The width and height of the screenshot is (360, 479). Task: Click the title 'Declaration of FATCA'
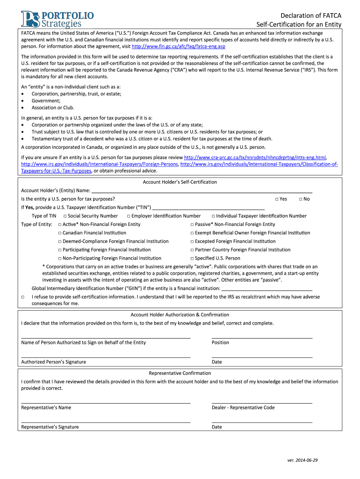311,15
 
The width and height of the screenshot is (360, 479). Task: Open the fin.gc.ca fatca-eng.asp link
172,47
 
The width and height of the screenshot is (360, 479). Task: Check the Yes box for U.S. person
277,199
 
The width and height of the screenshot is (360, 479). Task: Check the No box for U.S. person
300,199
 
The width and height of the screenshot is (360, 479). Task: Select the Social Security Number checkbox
65,216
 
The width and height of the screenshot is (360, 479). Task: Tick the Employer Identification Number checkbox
129,216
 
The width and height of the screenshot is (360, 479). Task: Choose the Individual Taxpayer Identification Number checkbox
213,216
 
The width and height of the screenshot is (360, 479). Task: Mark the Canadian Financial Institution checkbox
60,233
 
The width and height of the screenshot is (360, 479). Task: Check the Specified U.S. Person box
192,258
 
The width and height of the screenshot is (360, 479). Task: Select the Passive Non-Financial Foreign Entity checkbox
192,225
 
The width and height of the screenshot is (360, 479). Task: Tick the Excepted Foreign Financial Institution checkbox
192,241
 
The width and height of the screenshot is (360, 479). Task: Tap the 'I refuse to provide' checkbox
23,297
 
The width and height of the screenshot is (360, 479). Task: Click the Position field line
262,337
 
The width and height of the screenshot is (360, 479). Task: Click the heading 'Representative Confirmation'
180,373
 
